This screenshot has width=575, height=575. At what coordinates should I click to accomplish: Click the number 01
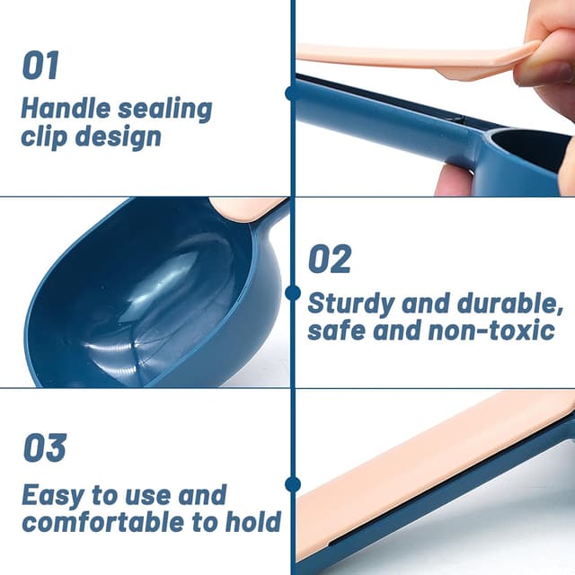point(40,66)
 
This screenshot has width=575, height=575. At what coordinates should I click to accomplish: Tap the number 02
point(330,259)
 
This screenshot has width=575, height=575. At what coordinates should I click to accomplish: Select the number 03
point(45,447)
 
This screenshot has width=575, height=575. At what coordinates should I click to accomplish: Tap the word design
point(118,137)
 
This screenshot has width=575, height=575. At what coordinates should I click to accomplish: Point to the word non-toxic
point(491,330)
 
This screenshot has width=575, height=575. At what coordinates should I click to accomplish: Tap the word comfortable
point(102,522)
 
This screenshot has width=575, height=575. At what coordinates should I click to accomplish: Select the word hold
point(253,521)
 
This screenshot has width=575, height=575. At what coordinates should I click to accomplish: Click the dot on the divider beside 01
point(292,93)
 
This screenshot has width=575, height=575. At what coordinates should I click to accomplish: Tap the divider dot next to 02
point(292,293)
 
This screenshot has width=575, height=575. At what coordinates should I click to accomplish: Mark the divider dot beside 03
point(292,484)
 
